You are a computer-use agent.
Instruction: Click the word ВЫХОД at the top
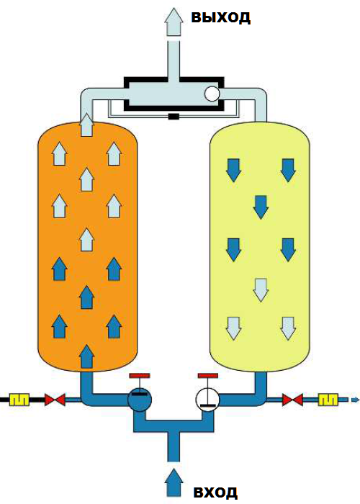tap(221, 17)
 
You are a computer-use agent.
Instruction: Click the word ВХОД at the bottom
tap(216, 492)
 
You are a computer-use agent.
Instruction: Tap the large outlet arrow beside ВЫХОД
tap(174, 22)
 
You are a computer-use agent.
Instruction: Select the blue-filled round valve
tap(140, 400)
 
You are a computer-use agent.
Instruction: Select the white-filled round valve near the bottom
tap(207, 400)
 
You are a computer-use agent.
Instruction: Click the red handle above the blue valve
tap(139, 375)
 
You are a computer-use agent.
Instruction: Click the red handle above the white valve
tap(208, 375)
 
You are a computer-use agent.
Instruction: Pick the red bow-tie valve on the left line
tap(55, 400)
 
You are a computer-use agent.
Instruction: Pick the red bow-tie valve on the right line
tap(292, 400)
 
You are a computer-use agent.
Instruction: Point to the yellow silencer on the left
tap(19, 400)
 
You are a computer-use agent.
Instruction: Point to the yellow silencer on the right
tap(328, 400)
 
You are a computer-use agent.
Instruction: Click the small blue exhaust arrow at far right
tap(355, 400)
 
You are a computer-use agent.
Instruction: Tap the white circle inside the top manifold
tap(212, 94)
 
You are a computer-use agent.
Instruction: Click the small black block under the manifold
tap(174, 117)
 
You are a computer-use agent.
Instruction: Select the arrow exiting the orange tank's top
tap(86, 125)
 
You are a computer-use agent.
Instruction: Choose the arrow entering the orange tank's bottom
tap(86, 356)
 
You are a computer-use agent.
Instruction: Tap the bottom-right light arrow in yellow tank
tap(288, 328)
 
